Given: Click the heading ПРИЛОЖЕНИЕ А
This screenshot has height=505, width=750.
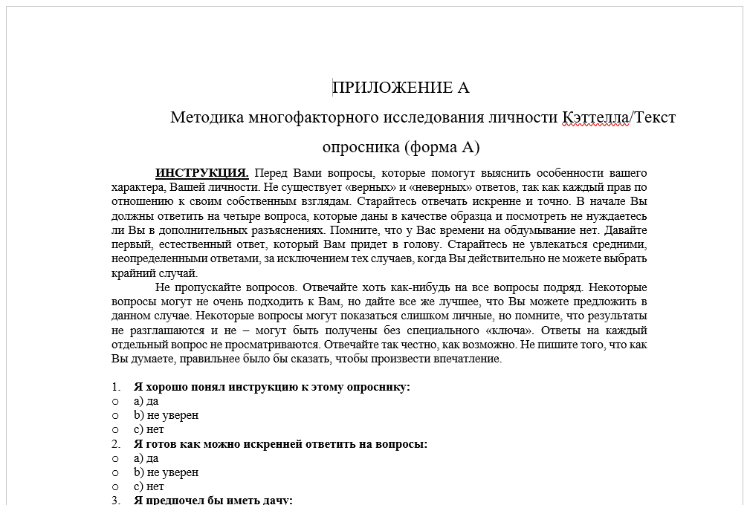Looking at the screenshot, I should point(401,88).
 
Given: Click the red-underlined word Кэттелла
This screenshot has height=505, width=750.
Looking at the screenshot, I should point(595,117).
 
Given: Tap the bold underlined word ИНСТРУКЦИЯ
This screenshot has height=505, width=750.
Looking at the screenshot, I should point(201,173).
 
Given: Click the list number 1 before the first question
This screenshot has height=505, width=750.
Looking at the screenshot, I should point(115,387).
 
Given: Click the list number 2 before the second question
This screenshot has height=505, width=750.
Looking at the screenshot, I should point(115,444).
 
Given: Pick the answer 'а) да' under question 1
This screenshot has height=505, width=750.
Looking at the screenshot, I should point(146,401).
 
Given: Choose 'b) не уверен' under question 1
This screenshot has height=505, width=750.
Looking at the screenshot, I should point(166,415).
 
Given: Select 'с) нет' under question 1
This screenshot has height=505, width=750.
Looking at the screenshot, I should point(149,429).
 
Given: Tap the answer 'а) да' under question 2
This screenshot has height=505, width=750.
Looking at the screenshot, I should point(146,458).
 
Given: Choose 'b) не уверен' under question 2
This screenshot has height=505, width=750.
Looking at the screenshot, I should point(166,472).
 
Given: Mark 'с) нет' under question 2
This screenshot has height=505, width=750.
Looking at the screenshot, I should point(149,486).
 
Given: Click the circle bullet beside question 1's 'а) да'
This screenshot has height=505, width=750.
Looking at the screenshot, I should point(115,401).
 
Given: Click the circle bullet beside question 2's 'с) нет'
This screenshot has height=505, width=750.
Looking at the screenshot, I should point(115,486).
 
